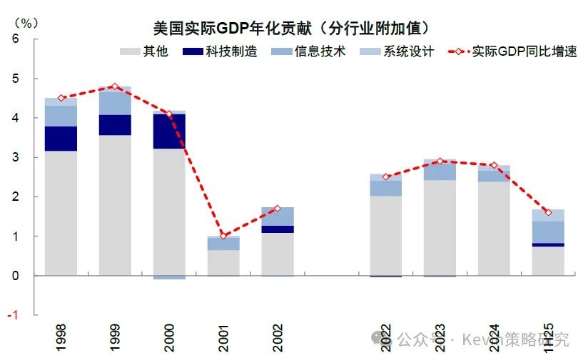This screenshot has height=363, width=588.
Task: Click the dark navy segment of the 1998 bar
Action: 61,139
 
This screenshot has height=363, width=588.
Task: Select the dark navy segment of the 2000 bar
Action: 169,131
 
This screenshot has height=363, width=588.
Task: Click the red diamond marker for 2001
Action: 223,236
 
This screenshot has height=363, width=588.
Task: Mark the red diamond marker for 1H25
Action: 547,212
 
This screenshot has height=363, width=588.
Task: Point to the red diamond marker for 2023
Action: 440,161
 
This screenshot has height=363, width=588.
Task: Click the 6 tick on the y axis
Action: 16,39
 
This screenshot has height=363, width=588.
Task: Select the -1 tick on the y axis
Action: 14,315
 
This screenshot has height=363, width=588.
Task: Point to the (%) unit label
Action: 23,21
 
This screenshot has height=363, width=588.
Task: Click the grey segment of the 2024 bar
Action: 494,228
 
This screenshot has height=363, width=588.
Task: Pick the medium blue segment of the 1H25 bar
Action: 547,232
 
